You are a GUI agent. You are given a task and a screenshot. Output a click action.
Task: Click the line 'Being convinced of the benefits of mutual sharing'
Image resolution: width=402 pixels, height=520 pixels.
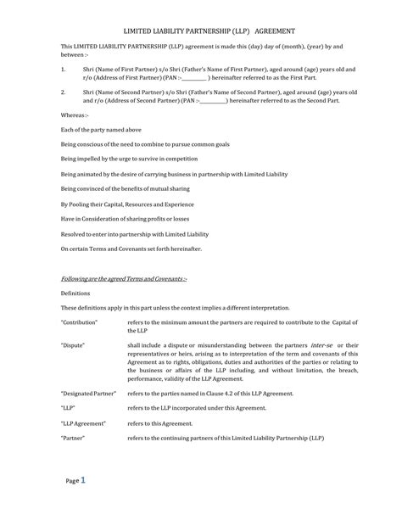click(125, 188)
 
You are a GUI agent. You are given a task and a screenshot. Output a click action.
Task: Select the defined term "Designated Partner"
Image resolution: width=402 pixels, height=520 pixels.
click(87, 394)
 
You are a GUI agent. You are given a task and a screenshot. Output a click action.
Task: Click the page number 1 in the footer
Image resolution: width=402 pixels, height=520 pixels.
click(83, 479)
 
